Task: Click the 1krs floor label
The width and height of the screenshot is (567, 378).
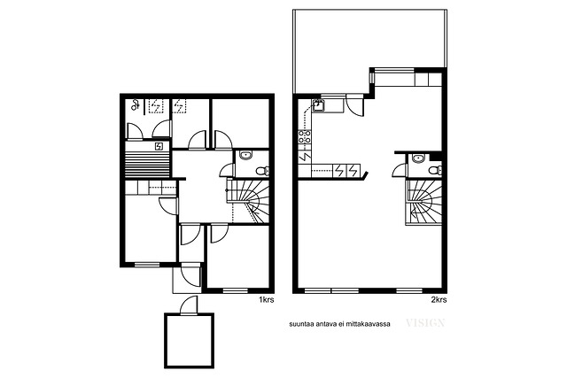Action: click(x=266, y=299)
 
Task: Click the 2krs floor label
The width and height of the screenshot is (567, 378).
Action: click(x=439, y=299)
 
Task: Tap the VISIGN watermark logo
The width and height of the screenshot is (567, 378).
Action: click(x=425, y=323)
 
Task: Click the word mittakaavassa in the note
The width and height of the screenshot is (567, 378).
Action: click(x=368, y=324)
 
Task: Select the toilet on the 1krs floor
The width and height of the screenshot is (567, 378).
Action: click(x=262, y=171)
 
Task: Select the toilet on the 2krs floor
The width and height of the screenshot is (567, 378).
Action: click(x=435, y=170)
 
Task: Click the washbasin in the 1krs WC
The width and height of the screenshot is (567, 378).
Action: click(x=246, y=156)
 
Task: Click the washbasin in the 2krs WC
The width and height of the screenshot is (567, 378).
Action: click(x=419, y=158)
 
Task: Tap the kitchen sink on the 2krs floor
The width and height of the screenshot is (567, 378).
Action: click(x=319, y=105)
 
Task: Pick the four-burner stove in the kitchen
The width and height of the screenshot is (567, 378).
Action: click(x=305, y=136)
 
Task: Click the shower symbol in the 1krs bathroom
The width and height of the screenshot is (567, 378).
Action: click(x=136, y=105)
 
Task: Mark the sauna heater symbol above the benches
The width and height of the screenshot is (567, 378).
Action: click(x=159, y=146)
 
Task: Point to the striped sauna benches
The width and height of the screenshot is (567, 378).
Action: click(x=148, y=164)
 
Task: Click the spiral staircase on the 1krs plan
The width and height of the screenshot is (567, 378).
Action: click(x=248, y=201)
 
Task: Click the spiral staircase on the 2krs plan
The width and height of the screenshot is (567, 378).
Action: click(x=423, y=203)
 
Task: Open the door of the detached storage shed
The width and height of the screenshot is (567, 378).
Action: click(x=190, y=305)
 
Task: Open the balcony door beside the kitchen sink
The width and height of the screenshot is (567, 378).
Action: click(x=354, y=105)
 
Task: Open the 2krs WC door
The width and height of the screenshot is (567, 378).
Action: click(x=400, y=170)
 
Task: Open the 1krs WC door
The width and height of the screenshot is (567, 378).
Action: click(x=228, y=170)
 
